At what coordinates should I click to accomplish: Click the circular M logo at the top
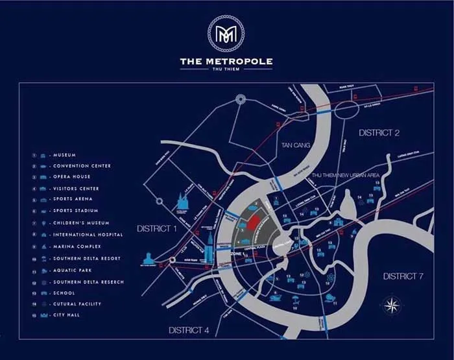point(226,32)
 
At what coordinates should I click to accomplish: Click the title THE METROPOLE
point(226,62)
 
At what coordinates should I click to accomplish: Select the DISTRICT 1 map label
point(157,229)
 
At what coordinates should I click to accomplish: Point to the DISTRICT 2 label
point(379,133)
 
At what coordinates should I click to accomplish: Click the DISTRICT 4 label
point(189,330)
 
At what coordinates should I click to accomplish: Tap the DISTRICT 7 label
point(403,276)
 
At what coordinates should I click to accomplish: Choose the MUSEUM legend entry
point(65,155)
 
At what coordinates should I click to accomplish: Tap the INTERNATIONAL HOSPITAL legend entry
point(88,235)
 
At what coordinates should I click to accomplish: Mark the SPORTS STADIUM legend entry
point(75,211)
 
